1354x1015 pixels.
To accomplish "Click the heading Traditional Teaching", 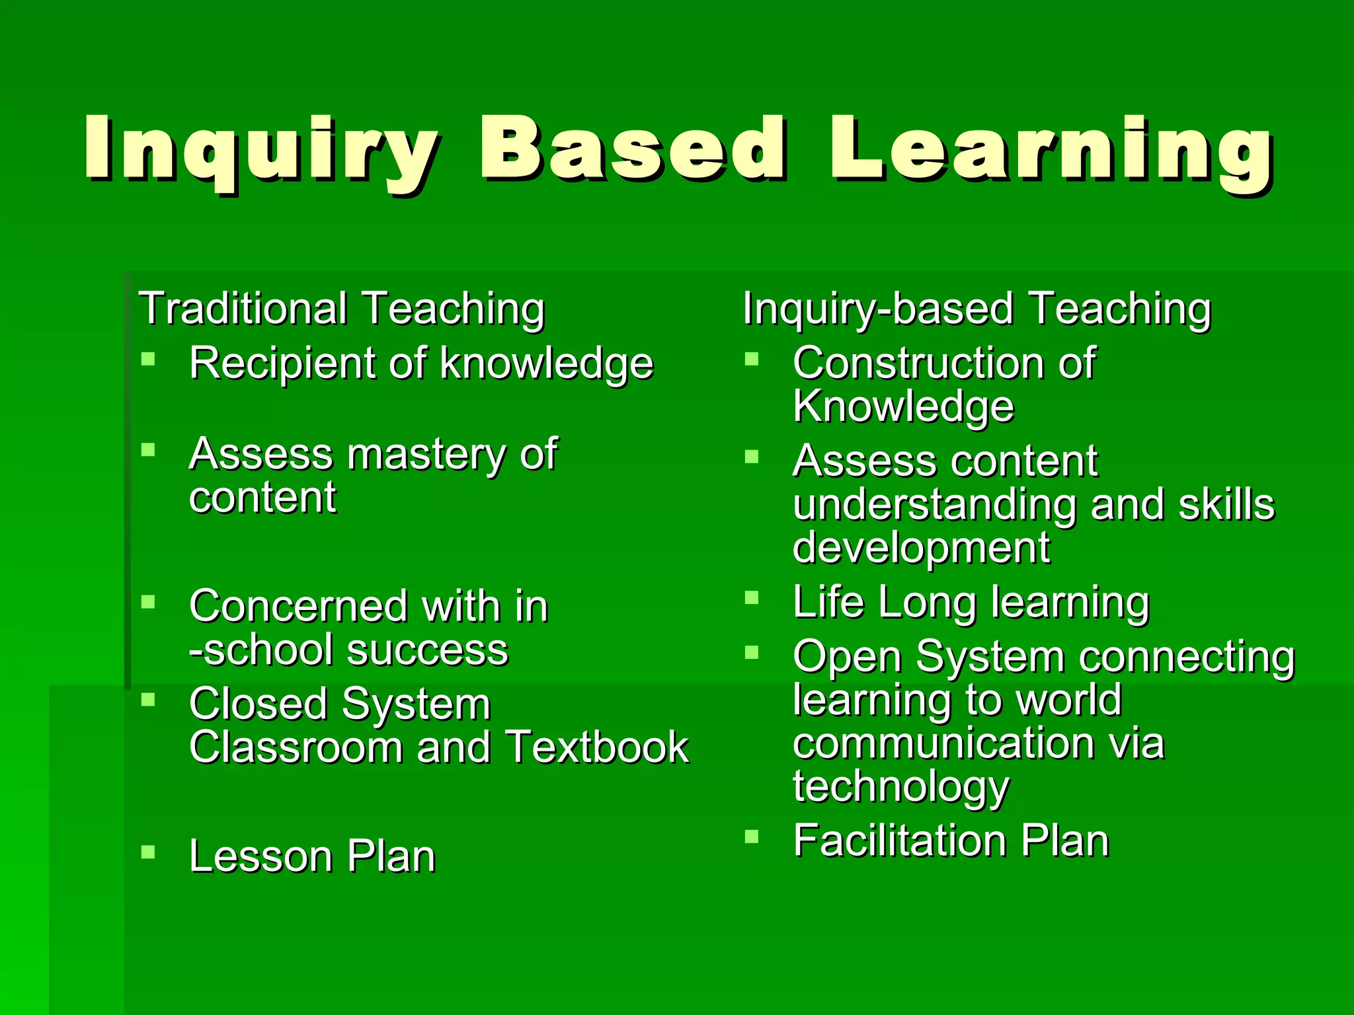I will (x=342, y=309).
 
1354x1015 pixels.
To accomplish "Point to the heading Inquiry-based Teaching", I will (x=976, y=309).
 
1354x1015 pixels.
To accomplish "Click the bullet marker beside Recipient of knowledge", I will (x=148, y=359).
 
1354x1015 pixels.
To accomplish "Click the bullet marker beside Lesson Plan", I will (x=148, y=852).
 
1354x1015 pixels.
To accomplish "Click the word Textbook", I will (x=598, y=747).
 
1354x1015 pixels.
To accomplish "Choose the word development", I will (x=921, y=548).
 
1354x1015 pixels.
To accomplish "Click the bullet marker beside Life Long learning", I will (x=752, y=598).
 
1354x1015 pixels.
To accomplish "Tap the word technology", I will (x=901, y=786).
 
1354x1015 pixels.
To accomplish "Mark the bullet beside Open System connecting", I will (x=752, y=653).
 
